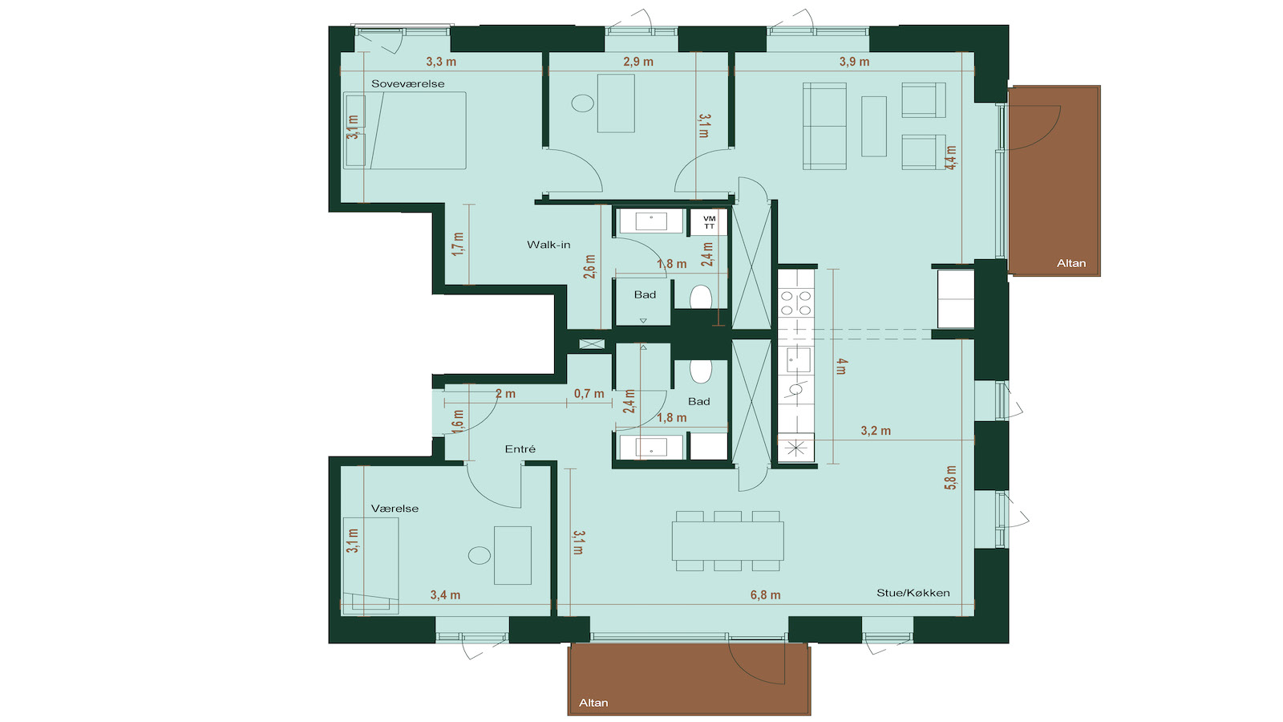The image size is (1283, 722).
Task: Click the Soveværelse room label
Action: click(x=407, y=83)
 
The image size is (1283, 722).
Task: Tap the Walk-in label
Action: click(x=548, y=245)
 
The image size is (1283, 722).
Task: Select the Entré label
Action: click(x=520, y=449)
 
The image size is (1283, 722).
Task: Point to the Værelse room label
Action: click(x=395, y=509)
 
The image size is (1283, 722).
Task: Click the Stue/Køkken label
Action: click(x=913, y=593)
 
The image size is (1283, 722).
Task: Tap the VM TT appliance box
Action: click(x=709, y=221)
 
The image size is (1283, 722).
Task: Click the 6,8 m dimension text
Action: click(x=765, y=594)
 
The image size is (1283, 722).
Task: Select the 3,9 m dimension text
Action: click(x=854, y=61)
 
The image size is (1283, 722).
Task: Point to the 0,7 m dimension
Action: click(x=589, y=394)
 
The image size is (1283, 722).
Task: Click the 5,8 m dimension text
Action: click(x=950, y=477)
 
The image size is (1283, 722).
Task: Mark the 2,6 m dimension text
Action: click(x=589, y=267)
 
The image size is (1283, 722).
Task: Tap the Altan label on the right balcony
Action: click(x=1071, y=263)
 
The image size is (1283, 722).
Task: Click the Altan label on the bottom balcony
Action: click(x=593, y=703)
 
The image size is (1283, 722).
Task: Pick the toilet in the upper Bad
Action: click(x=701, y=298)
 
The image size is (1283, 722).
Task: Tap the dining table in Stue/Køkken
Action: click(x=727, y=541)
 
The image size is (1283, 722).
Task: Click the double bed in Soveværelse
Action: click(x=404, y=130)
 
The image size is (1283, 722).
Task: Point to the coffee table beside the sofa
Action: click(x=874, y=126)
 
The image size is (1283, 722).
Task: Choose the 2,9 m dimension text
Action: click(x=638, y=61)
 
